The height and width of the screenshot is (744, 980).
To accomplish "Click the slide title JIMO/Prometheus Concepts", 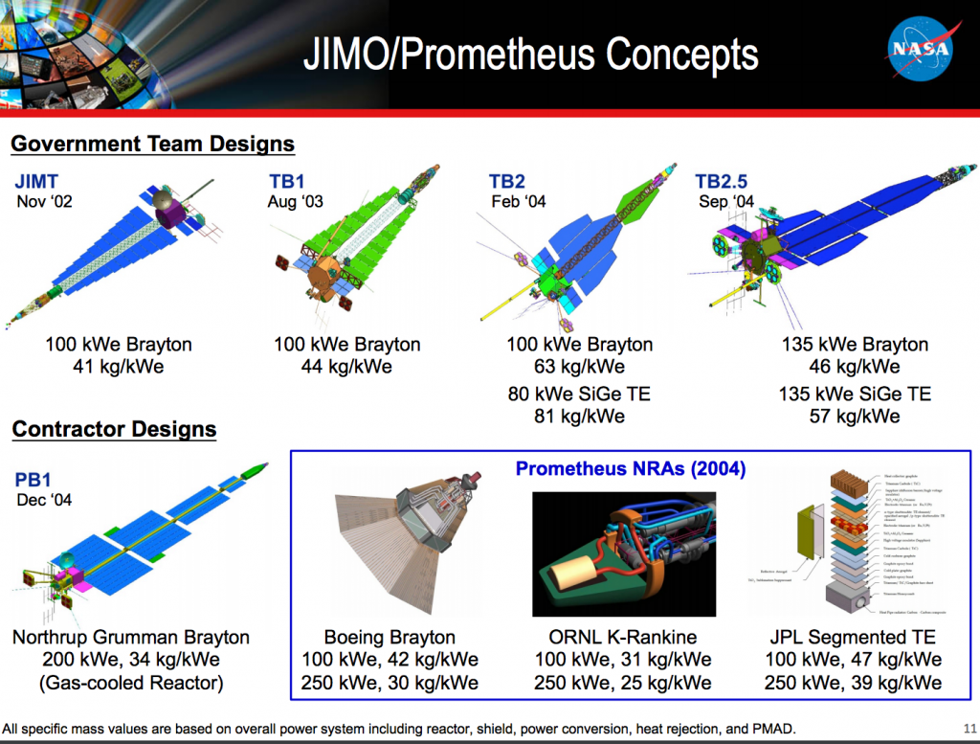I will (530, 55).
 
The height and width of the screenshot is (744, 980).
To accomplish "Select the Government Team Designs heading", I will (152, 145).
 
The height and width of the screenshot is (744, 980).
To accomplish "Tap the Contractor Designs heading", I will (114, 430).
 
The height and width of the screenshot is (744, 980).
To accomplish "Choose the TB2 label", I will (508, 182).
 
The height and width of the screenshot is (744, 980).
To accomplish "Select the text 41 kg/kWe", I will (118, 366).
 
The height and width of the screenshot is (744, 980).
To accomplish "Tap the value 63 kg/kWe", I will (581, 366).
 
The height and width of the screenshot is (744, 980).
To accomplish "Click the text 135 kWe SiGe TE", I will (841, 394).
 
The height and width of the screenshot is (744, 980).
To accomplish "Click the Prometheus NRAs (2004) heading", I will (630, 469).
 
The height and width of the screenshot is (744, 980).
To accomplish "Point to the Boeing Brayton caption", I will (390, 637).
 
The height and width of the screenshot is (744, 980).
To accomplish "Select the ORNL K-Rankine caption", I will (622, 637).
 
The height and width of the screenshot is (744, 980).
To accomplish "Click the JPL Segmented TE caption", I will (852, 637).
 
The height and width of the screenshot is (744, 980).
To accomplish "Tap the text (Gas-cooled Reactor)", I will (130, 683).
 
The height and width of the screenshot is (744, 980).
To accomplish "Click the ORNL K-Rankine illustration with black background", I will (622, 553).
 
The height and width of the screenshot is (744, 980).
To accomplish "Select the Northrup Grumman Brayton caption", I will (130, 637).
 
